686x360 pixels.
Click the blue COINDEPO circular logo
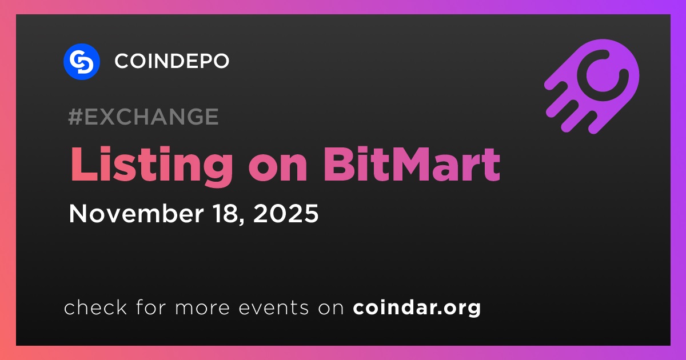click(x=81, y=62)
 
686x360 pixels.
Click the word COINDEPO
click(x=172, y=61)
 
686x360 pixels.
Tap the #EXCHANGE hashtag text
click(x=143, y=117)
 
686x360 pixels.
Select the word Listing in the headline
click(x=152, y=166)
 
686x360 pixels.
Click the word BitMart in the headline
click(x=412, y=164)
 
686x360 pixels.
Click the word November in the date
click(x=136, y=213)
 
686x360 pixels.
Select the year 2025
click(x=286, y=213)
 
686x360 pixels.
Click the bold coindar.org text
click(x=417, y=308)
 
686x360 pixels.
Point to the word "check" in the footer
click(x=95, y=307)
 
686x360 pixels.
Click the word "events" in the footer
click(x=273, y=308)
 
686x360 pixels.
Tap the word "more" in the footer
click(x=202, y=309)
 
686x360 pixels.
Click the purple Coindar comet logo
click(x=592, y=86)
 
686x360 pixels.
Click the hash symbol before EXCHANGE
click(x=75, y=117)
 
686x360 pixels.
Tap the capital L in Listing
click(x=84, y=164)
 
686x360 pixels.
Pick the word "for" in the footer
click(x=151, y=307)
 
